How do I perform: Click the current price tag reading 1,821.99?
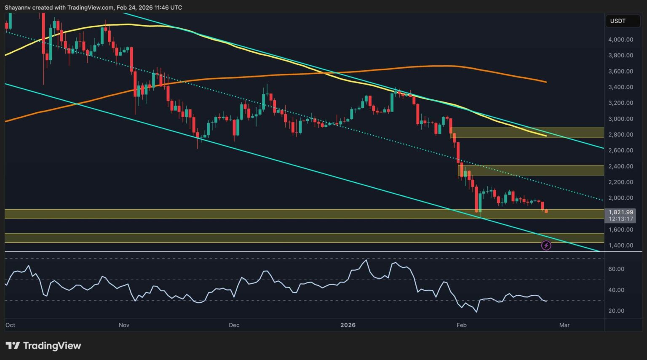pyautogui.click(x=620, y=212)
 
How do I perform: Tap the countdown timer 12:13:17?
pyautogui.click(x=620, y=219)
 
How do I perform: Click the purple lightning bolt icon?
pyautogui.click(x=546, y=245)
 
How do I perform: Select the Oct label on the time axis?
pyautogui.click(x=10, y=325)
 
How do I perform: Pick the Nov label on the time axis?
pyautogui.click(x=124, y=325)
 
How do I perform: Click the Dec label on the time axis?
pyautogui.click(x=234, y=325)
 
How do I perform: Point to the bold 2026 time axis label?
pyautogui.click(x=348, y=325)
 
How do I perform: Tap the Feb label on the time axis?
pyautogui.click(x=462, y=325)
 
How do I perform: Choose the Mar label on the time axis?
pyautogui.click(x=564, y=325)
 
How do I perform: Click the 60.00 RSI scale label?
pyautogui.click(x=616, y=269)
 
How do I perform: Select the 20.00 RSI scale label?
pyautogui.click(x=616, y=311)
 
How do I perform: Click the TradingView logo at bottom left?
pyautogui.click(x=43, y=346)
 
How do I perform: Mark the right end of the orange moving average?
pyautogui.click(x=546, y=82)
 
